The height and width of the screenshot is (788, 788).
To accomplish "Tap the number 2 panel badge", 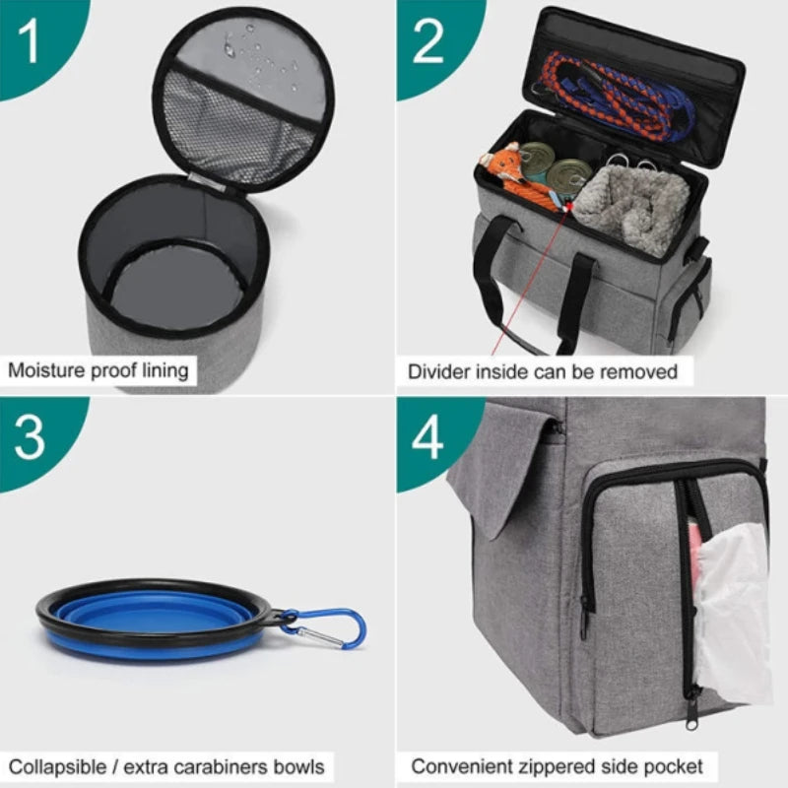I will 429,40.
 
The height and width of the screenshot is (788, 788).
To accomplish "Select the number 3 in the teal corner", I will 31,438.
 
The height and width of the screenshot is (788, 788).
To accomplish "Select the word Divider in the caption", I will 439,371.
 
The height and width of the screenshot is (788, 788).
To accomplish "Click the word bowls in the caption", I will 297,765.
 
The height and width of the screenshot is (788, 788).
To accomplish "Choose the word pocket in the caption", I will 676,765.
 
